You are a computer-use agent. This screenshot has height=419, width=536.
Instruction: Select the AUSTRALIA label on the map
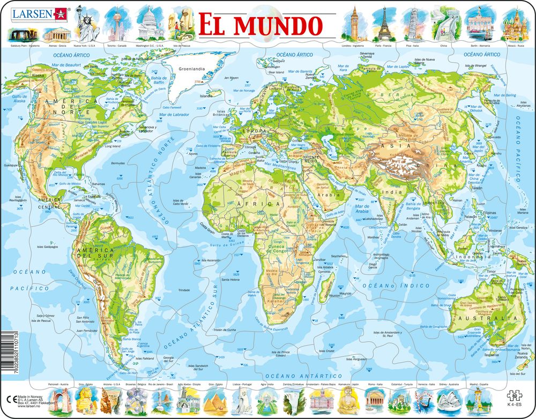point(479,319)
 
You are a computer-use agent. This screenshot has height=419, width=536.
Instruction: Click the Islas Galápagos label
point(47,247)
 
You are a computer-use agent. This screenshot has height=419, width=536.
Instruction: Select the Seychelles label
point(339,256)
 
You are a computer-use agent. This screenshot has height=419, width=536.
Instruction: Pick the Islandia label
point(205,96)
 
